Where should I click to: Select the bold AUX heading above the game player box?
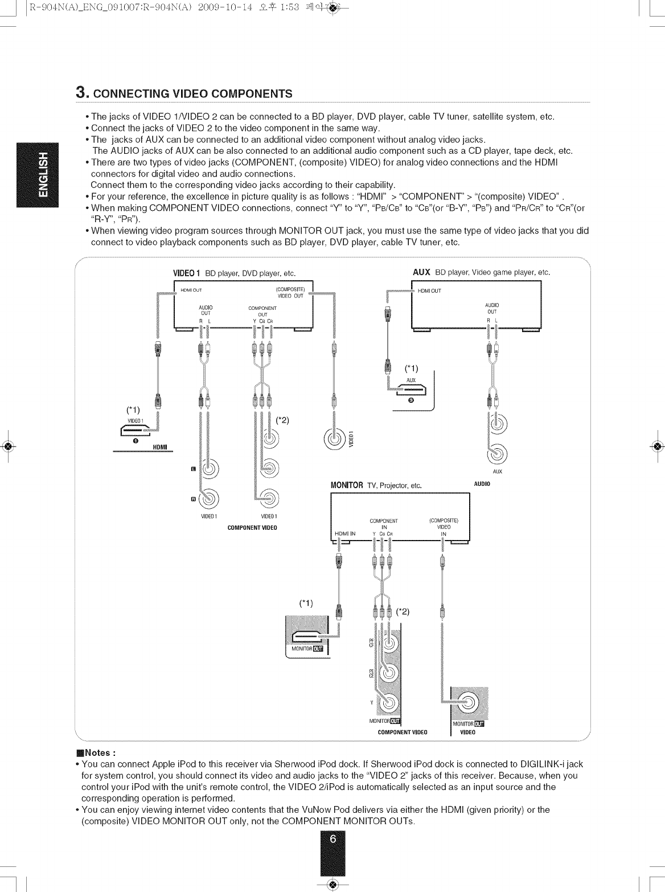point(421,272)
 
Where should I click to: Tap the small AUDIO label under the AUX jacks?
point(482,484)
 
